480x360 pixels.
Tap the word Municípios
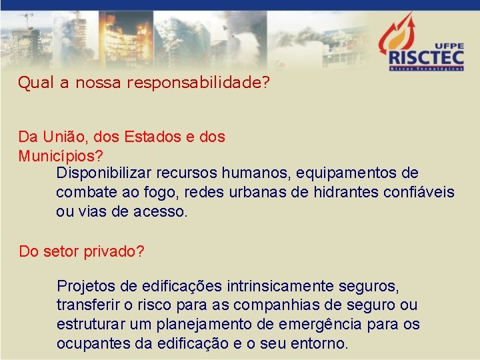click(58, 157)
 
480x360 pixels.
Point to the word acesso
click(161, 213)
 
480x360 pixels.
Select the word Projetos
click(87, 287)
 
